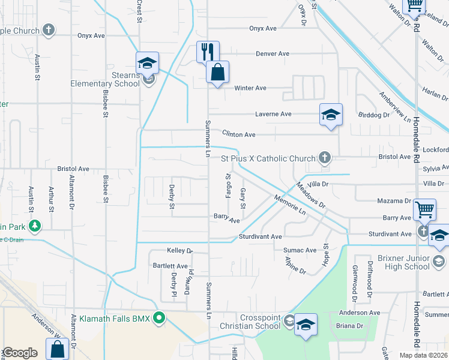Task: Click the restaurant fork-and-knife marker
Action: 208,52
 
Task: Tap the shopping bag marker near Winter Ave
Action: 217,72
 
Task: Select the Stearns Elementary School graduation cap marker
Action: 146,63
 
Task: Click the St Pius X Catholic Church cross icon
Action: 325,158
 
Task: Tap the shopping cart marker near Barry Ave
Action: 424,210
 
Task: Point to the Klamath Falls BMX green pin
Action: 159,317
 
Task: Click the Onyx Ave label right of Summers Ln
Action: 263,28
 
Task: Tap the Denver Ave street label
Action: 273,53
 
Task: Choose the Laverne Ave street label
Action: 273,114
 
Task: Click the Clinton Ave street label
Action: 239,134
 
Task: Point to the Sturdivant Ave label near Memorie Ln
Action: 260,237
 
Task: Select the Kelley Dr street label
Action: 180,250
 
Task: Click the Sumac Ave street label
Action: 302,250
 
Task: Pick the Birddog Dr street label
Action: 373,115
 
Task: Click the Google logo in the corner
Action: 19,353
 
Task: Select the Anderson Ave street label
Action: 360,313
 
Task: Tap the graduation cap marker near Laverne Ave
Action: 331,116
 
